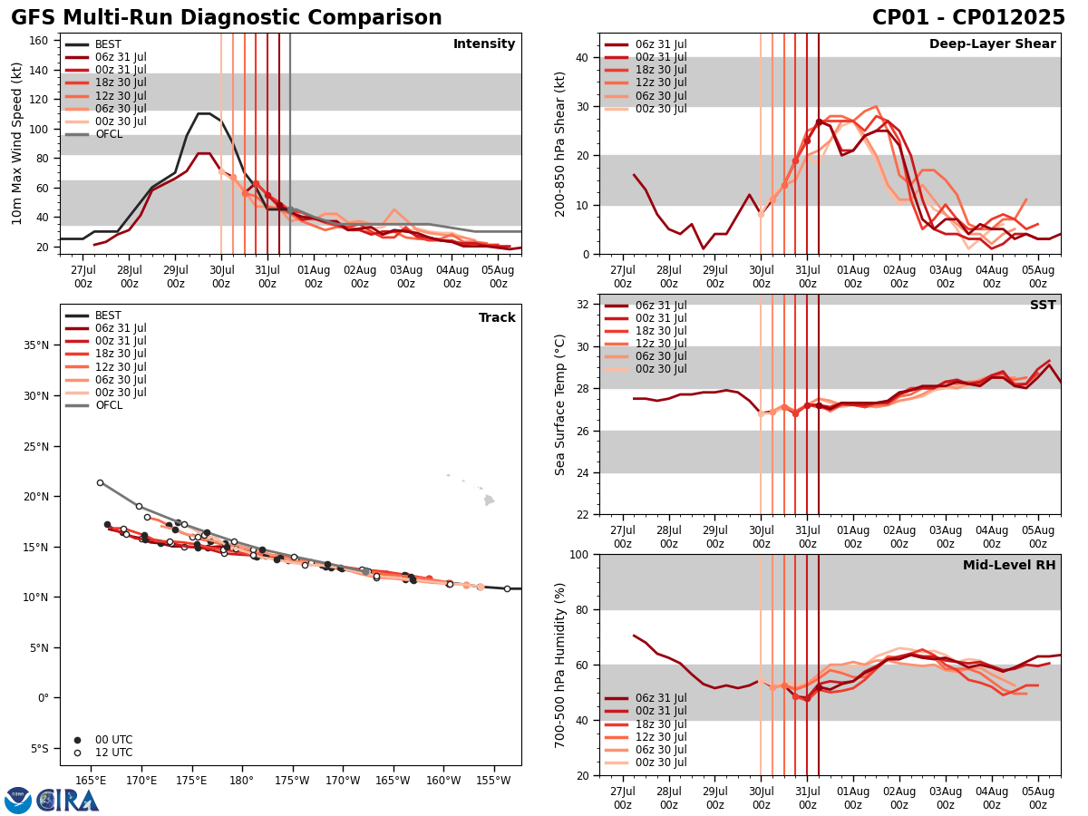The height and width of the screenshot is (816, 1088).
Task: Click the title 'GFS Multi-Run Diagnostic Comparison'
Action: [227, 18]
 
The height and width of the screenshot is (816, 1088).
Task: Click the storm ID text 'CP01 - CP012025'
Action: [968, 18]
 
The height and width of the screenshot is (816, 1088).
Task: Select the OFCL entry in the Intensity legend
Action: [108, 134]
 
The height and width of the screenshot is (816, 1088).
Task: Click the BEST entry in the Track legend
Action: [108, 316]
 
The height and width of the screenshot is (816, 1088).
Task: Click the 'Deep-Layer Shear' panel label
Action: [992, 44]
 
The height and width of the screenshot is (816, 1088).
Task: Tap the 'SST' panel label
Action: [1042, 306]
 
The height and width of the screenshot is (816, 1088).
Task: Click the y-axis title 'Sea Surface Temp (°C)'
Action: [560, 404]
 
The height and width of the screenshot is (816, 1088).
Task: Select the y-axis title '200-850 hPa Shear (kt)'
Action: [560, 143]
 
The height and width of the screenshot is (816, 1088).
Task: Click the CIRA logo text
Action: [68, 801]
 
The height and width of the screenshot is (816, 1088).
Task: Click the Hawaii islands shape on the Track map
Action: [488, 499]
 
